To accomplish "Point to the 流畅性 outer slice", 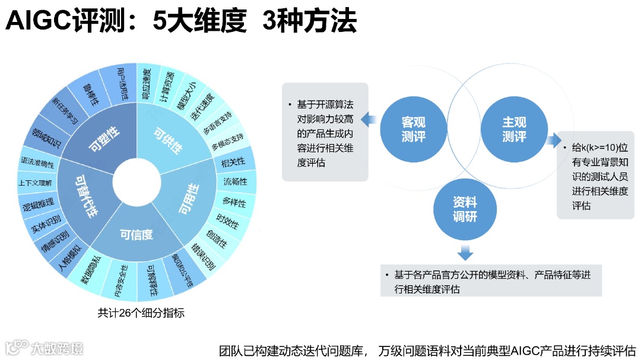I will click(235, 181).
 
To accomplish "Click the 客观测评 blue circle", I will click(414, 129).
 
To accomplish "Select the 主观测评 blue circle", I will click(514, 129).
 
